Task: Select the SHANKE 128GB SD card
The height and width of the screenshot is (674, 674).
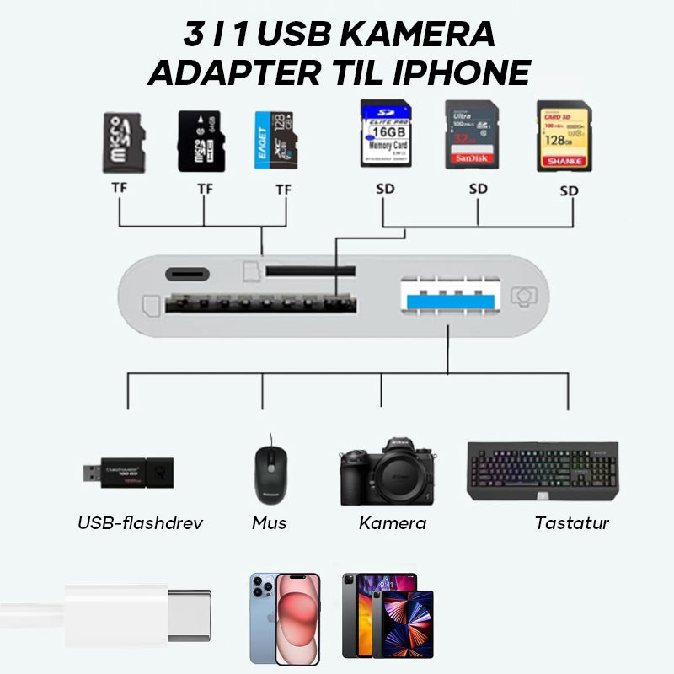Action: click(564, 136)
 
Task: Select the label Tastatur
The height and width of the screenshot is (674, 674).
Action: click(571, 523)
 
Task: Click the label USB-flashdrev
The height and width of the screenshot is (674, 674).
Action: click(140, 523)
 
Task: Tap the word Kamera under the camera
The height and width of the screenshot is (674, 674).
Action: click(392, 523)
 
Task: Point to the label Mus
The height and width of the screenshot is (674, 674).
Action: click(270, 523)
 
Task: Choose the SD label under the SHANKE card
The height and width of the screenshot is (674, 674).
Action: click(570, 191)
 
